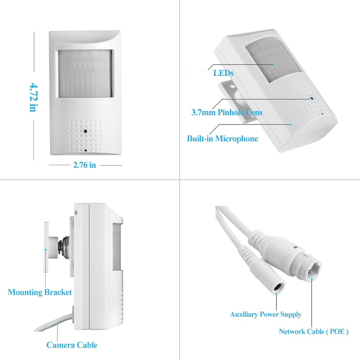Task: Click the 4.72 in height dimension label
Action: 34,97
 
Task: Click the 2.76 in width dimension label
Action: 84,165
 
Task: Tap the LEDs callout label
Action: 223,73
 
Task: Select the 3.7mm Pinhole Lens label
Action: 227,112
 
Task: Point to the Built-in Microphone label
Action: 222,139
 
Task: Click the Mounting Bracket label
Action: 40,292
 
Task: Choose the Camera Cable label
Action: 72,345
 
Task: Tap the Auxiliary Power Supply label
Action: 266,315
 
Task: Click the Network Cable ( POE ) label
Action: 314,332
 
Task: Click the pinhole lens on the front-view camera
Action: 85,131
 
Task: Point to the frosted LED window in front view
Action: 85,73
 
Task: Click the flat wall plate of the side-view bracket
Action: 46,247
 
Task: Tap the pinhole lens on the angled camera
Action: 312,98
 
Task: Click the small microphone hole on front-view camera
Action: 85,150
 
